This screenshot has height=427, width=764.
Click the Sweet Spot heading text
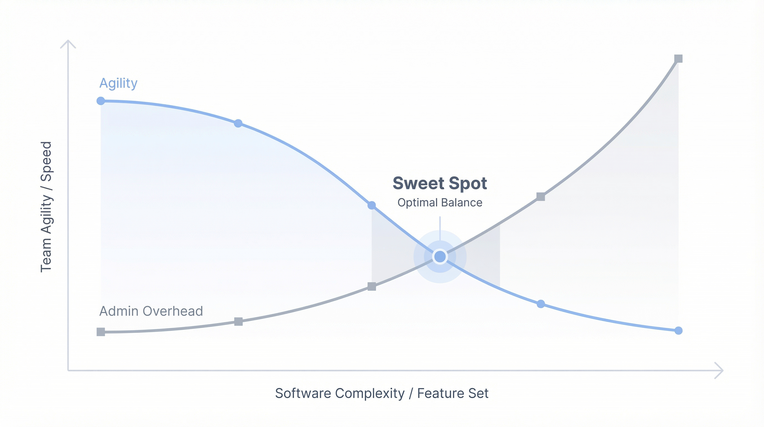pyautogui.click(x=440, y=183)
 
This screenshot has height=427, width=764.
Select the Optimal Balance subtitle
pyautogui.click(x=440, y=202)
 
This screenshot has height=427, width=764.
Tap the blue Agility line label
pyautogui.click(x=118, y=83)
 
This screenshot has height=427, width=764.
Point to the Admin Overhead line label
pyautogui.click(x=151, y=311)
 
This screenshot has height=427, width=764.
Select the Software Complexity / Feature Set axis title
pyautogui.click(x=382, y=393)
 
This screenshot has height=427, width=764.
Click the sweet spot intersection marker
pyautogui.click(x=440, y=257)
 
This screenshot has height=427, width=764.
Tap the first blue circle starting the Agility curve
pyautogui.click(x=101, y=101)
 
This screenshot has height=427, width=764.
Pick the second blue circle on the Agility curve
pyautogui.click(x=238, y=123)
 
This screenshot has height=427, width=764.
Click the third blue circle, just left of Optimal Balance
pyautogui.click(x=372, y=205)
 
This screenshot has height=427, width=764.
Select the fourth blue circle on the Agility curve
pyautogui.click(x=541, y=304)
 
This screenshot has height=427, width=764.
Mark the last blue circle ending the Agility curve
pyautogui.click(x=678, y=331)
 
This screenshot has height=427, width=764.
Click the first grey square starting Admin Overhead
pyautogui.click(x=101, y=332)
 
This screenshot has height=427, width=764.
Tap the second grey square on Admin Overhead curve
pyautogui.click(x=238, y=322)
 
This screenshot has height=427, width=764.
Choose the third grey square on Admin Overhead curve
pyautogui.click(x=372, y=287)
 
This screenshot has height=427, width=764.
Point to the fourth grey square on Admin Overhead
pyautogui.click(x=541, y=197)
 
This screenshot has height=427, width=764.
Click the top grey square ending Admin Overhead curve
pyautogui.click(x=678, y=58)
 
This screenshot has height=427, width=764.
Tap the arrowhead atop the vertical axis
pyautogui.click(x=68, y=41)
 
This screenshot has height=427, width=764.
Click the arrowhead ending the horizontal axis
pyautogui.click(x=722, y=371)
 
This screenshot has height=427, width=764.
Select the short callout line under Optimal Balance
pyautogui.click(x=440, y=228)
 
